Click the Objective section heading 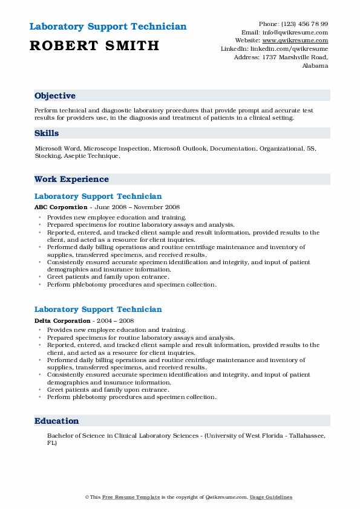click(x=55, y=96)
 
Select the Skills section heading click(x=47, y=133)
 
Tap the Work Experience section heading click(x=71, y=179)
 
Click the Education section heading click(x=56, y=421)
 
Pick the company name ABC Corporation click(x=61, y=207)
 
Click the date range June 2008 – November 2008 click(x=124, y=207)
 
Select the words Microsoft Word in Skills click(x=57, y=148)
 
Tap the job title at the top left click(x=108, y=27)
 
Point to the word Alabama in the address click(x=315, y=66)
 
